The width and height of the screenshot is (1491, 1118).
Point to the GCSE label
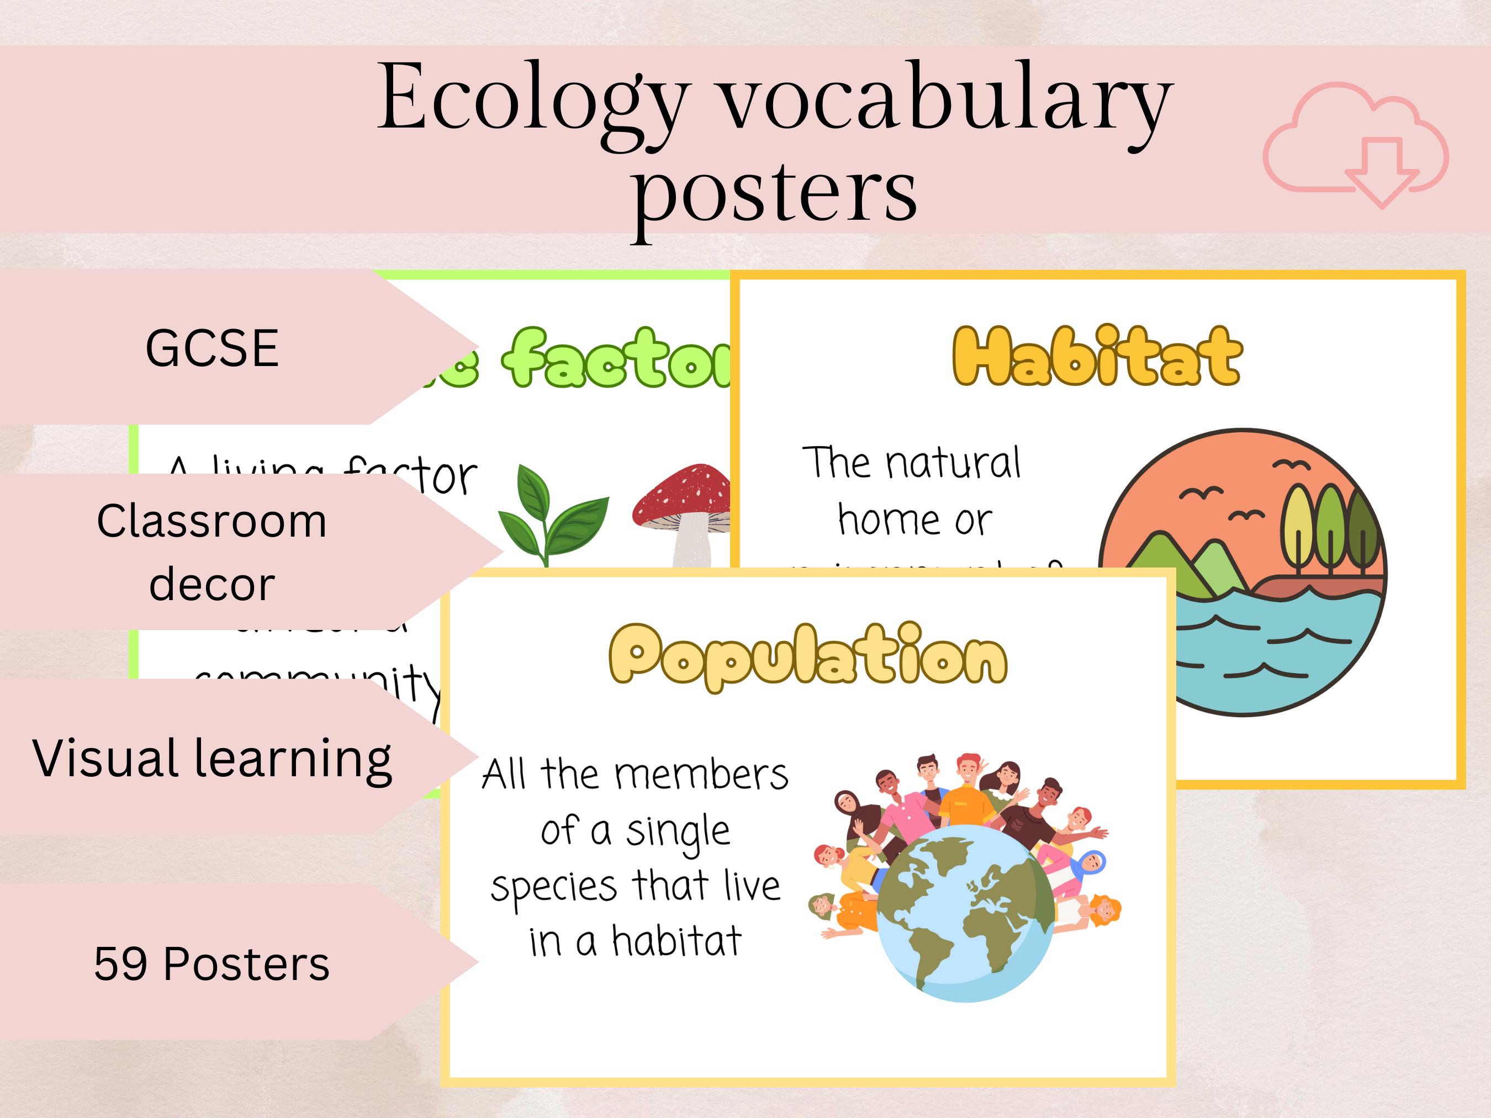[212, 348]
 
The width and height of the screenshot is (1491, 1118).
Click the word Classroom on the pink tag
[212, 521]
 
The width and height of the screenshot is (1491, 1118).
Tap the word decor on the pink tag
[212, 584]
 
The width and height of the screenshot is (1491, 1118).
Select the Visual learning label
[212, 758]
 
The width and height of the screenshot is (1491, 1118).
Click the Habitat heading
[1097, 357]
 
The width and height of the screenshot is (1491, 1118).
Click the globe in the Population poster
[965, 913]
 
